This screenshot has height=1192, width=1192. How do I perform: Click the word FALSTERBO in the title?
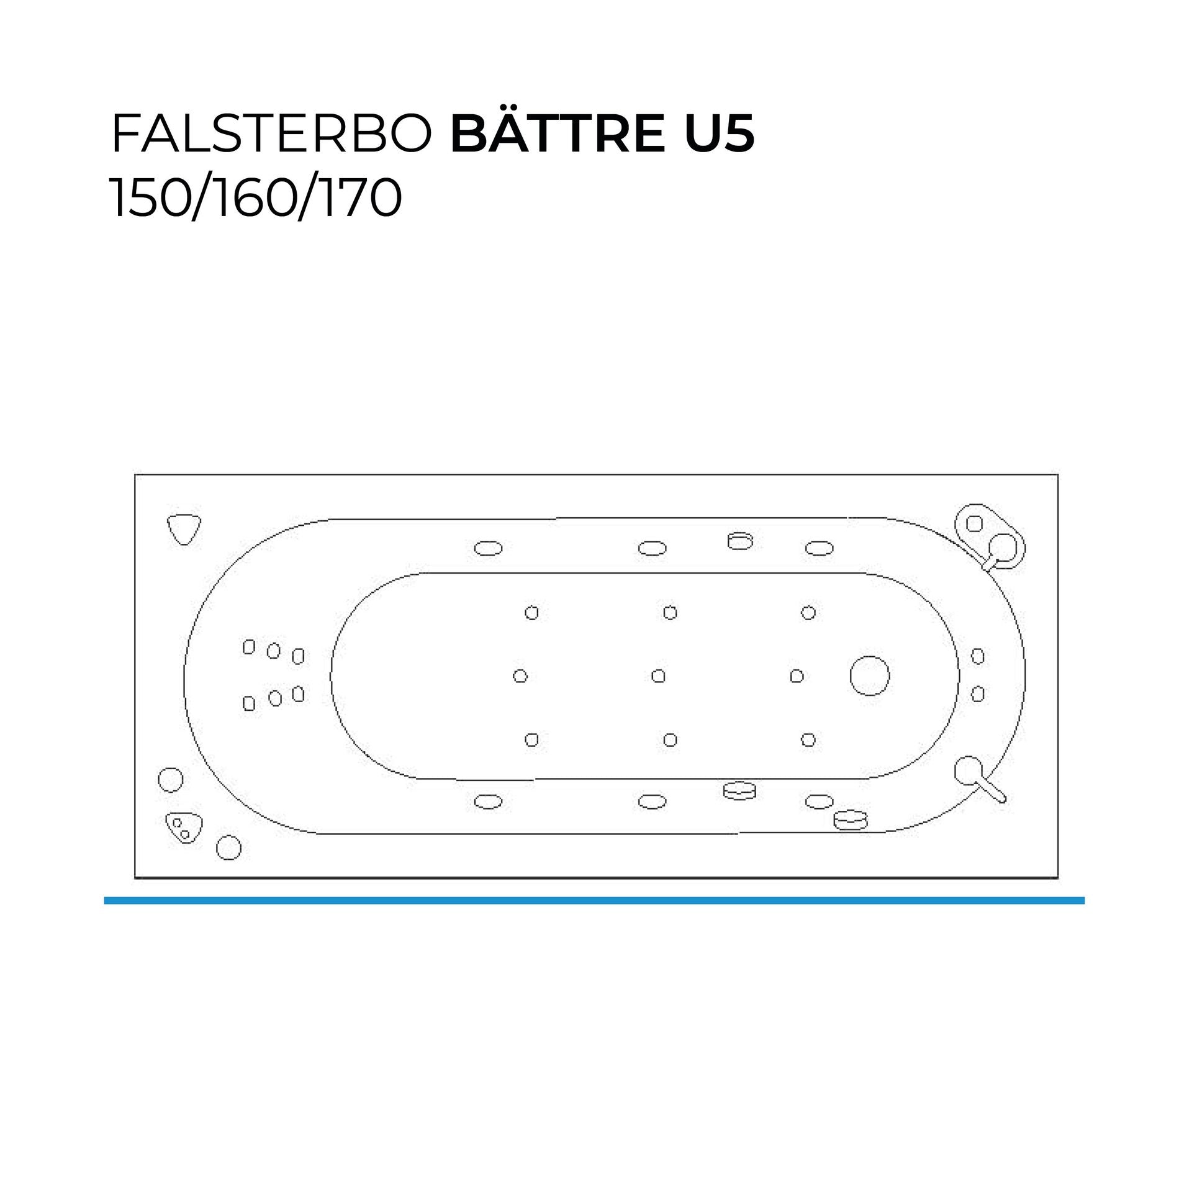271,134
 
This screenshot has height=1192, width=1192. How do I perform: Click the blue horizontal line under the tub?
594,900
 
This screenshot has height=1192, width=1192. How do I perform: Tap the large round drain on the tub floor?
869,675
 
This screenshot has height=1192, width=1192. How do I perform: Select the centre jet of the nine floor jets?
658,675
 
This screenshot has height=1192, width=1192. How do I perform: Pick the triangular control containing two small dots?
184,827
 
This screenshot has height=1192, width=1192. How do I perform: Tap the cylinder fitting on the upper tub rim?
740,541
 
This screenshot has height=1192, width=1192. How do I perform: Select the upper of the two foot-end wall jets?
977,656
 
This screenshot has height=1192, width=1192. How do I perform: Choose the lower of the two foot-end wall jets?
977,693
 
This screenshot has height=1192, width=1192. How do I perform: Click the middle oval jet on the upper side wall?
652,548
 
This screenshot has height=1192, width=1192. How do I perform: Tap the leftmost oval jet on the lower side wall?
488,802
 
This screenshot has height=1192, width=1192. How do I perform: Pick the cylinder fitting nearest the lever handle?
850,819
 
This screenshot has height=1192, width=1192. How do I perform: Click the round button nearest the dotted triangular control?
228,847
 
